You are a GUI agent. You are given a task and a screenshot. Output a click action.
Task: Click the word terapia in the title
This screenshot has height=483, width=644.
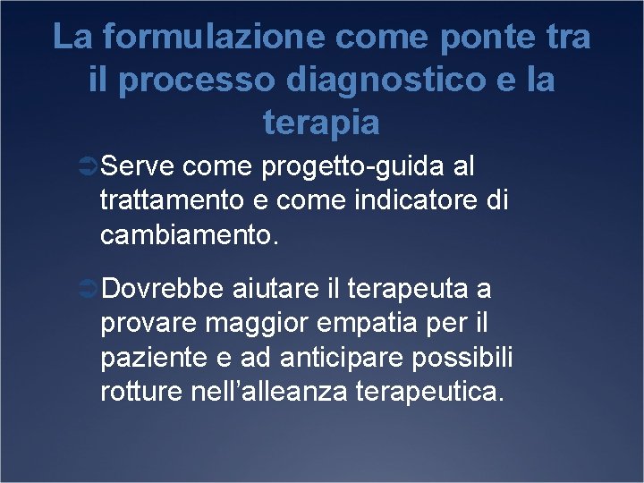322,123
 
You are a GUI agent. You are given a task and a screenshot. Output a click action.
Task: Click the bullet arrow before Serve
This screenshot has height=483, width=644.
88,167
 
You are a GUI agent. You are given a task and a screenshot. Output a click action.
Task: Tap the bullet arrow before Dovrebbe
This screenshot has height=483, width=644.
88,290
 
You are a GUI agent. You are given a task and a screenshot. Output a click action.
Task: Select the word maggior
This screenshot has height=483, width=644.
253,324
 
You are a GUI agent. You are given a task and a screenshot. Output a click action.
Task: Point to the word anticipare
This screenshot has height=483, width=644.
330,358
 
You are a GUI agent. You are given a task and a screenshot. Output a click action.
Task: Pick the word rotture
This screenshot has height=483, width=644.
141,392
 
